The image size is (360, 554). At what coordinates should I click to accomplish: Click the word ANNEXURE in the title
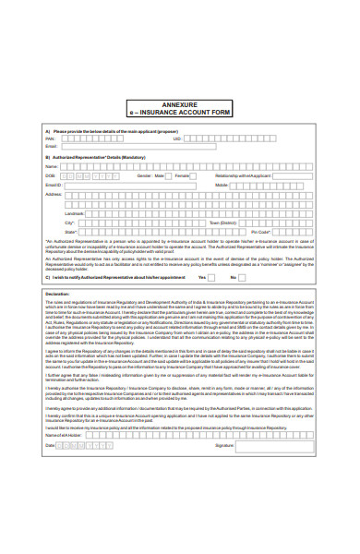[x=179, y=102]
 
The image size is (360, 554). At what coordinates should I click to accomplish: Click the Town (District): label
[x=222, y=223]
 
